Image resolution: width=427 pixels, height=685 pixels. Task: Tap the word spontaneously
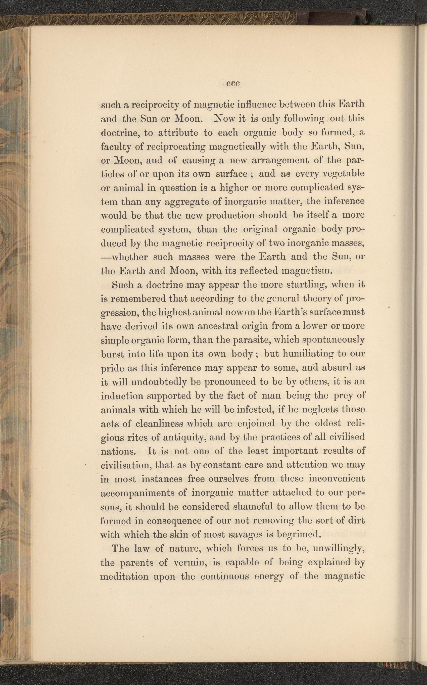pos(334,340)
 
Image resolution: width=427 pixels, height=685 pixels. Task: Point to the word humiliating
pos(310,354)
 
